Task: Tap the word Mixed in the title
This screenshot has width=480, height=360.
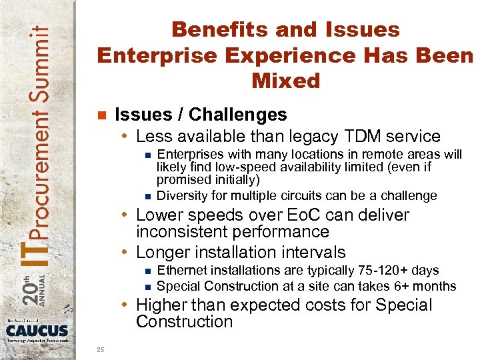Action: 286,81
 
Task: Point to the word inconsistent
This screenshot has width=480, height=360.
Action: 179,232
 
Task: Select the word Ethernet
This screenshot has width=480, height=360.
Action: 181,270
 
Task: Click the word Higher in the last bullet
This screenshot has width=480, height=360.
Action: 161,305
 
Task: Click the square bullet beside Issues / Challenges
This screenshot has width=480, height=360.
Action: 101,115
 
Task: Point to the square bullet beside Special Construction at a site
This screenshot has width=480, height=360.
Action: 147,287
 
